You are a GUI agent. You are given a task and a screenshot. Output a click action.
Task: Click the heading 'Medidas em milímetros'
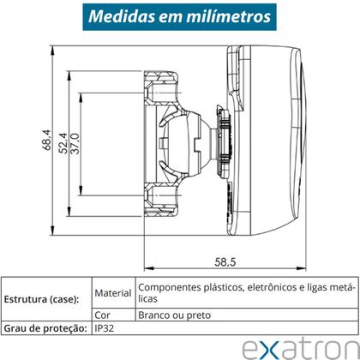(180, 16)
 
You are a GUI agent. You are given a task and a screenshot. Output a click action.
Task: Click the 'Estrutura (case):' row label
(42, 300)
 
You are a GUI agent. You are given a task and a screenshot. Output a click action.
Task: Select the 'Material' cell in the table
(113, 292)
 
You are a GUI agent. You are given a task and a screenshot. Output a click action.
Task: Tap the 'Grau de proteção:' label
(44, 327)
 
